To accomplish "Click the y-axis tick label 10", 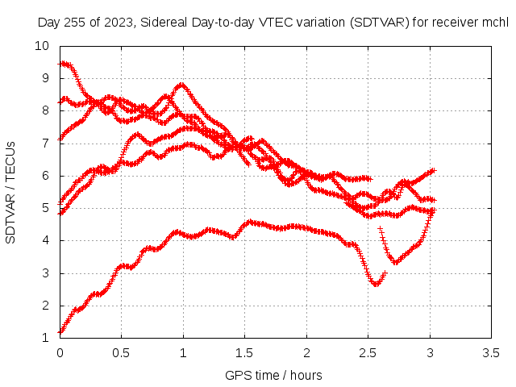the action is [42, 46].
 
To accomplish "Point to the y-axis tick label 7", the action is [45, 144].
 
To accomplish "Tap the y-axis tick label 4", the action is [45, 240].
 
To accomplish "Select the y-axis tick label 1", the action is [45, 338].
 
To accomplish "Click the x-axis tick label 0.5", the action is [121, 353].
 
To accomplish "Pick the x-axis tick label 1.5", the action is [244, 353].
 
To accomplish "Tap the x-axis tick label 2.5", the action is [368, 353].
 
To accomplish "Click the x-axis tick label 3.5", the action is [491, 353].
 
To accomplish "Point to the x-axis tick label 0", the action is [60, 353].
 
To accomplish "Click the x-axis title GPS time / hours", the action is [273, 375].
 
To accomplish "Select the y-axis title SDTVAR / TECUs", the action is [10, 193].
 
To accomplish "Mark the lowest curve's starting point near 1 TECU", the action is [60, 333].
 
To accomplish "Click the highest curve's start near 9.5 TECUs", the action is [60, 64].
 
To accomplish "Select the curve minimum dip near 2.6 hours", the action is [376, 284].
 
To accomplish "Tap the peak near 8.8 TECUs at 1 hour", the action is [181, 85].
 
